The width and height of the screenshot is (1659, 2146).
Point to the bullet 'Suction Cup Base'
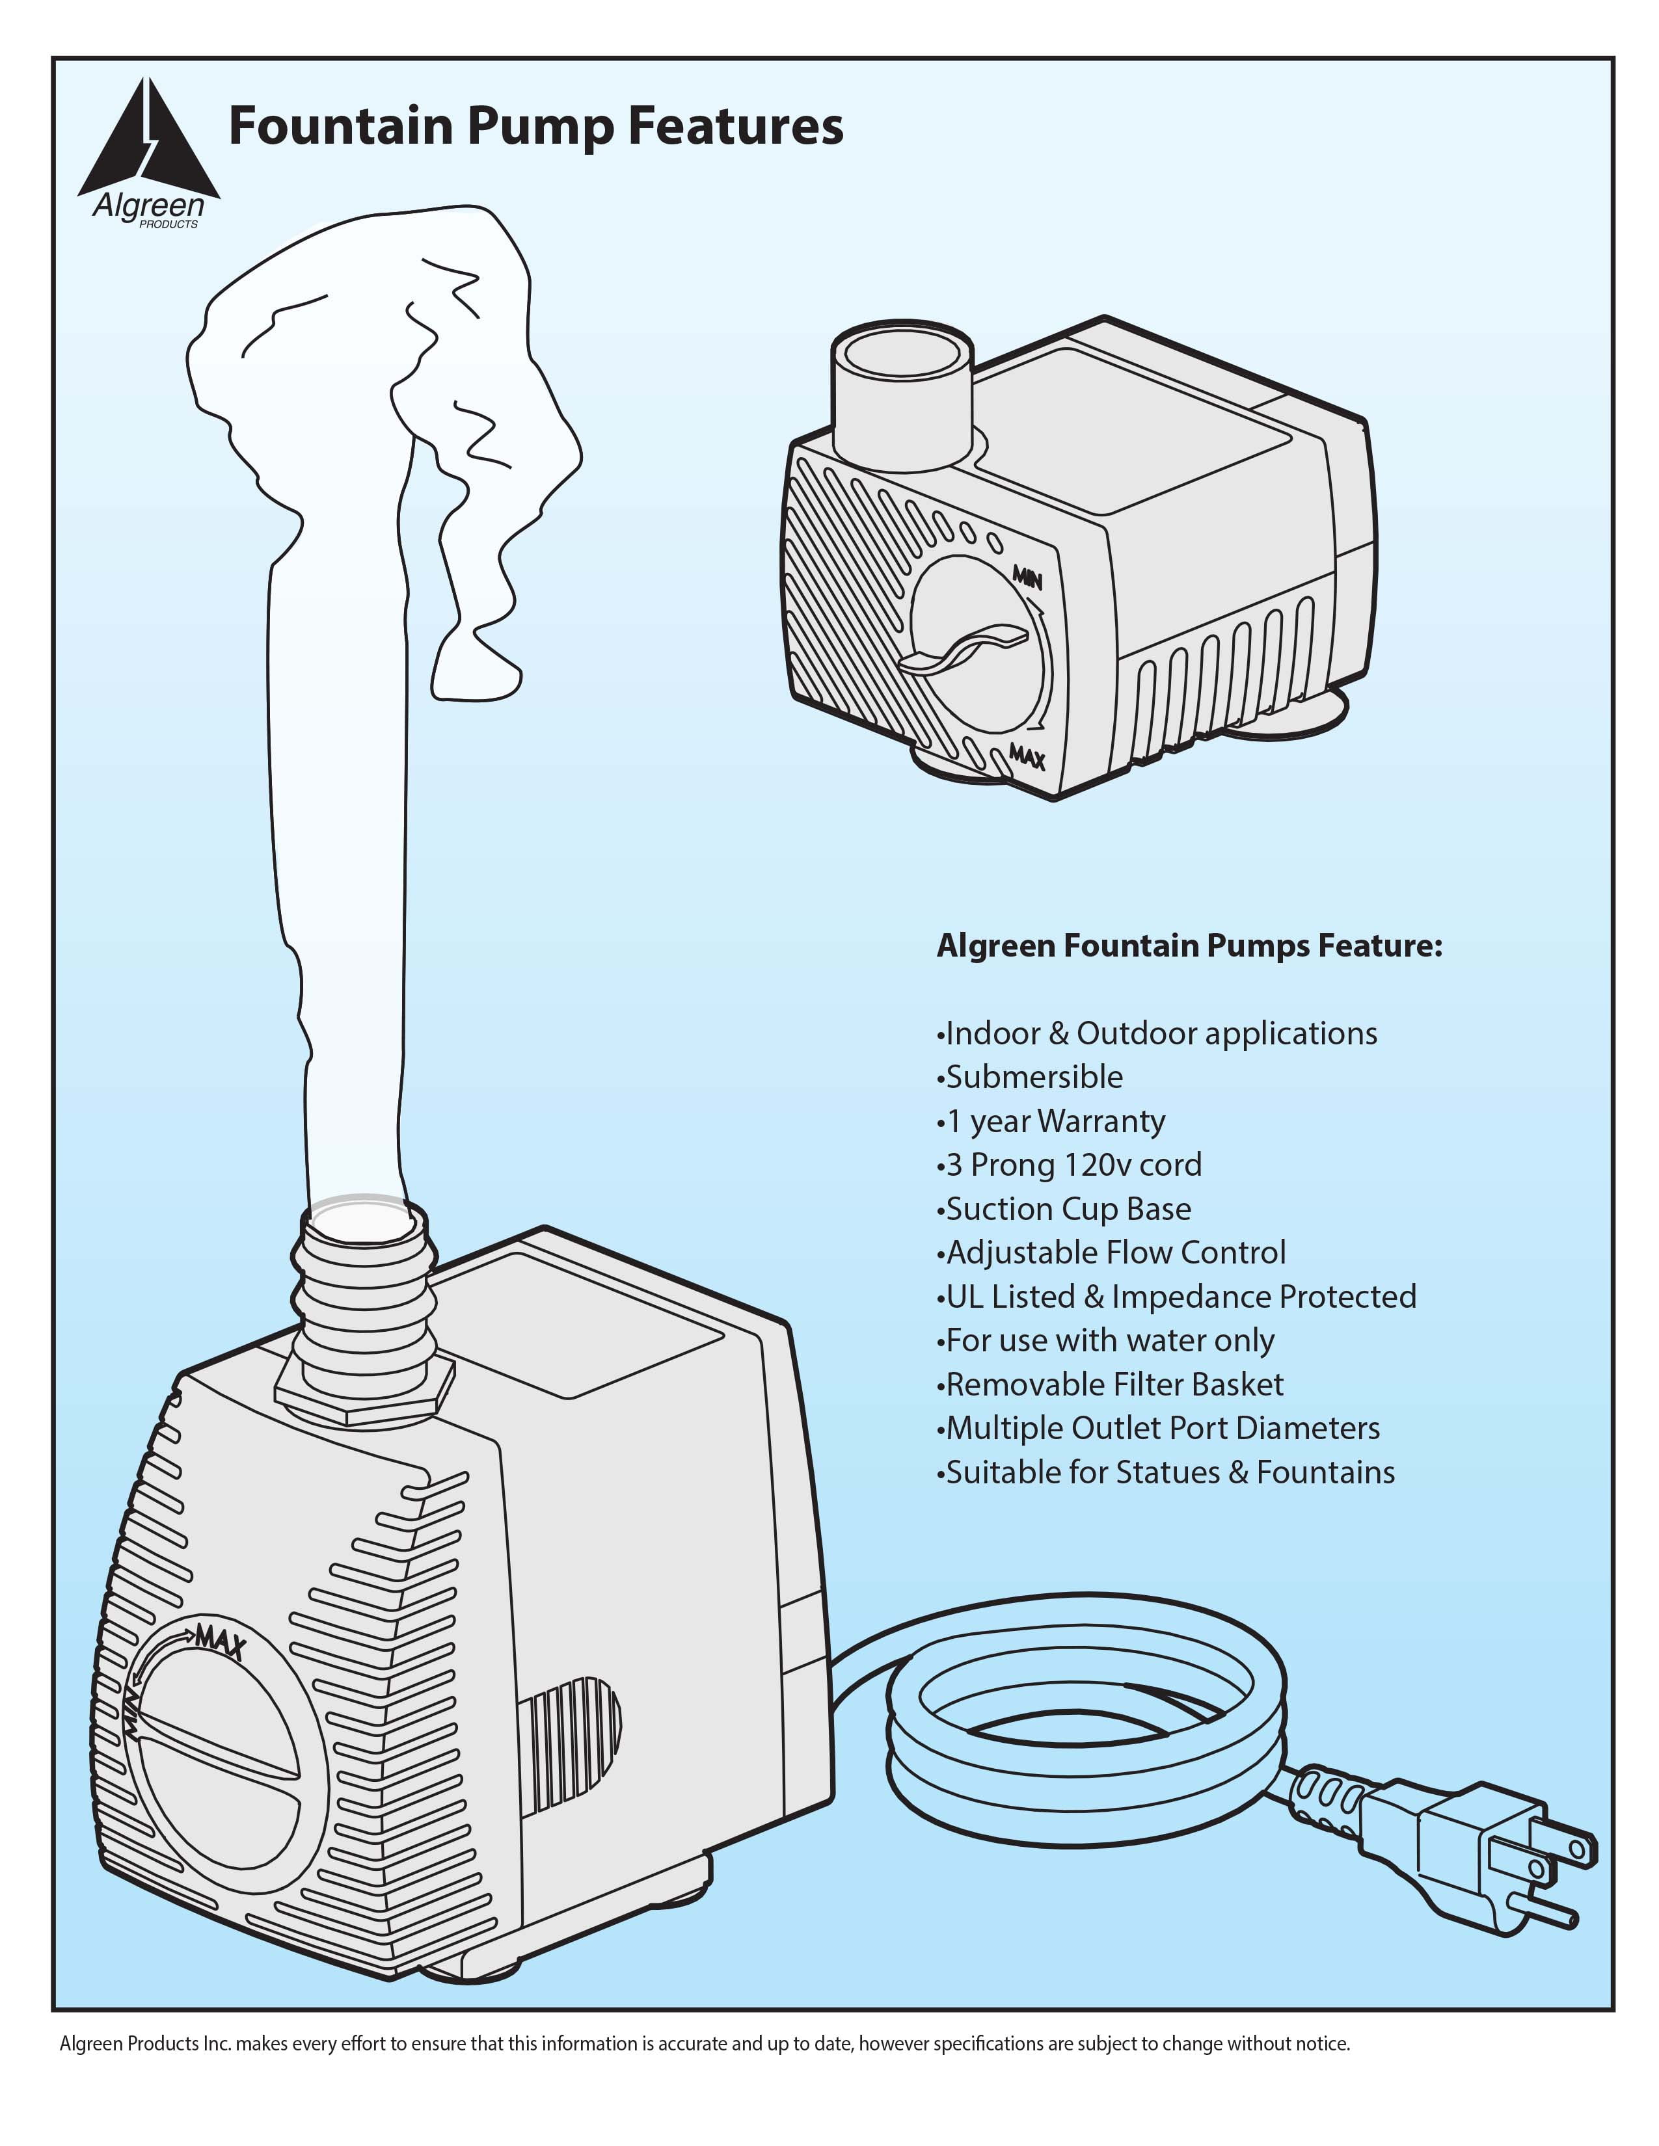point(1068,1209)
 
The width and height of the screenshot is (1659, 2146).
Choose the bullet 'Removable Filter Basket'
point(1114,1384)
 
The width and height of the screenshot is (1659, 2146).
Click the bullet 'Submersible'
point(1033,1077)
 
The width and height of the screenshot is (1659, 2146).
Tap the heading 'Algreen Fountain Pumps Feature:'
point(1189,946)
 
